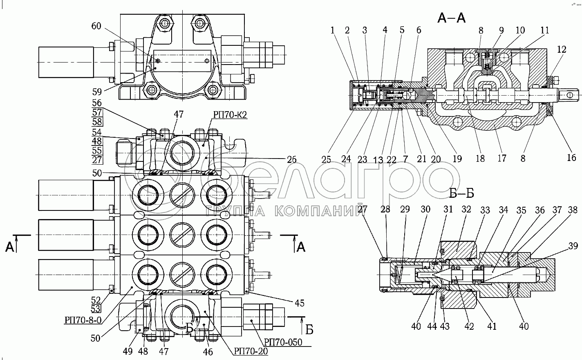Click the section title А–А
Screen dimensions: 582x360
[x=451, y=18]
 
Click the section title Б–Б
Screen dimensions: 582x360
[x=461, y=193]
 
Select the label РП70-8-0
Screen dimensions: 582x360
[x=83, y=320]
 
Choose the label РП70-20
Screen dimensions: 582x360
[x=251, y=351]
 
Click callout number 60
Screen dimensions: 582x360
[x=96, y=26]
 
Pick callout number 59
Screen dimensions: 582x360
[x=97, y=92]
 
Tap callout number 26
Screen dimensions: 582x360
[x=291, y=159]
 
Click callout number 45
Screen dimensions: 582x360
[x=300, y=303]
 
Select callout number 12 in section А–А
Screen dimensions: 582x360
[x=562, y=49]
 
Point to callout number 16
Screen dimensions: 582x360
[x=571, y=157]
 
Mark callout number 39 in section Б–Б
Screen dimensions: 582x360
[x=573, y=246]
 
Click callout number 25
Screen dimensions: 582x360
[x=326, y=159]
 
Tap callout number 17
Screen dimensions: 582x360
[x=502, y=158]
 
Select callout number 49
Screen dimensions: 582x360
[x=128, y=351]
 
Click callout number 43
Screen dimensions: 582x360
[x=445, y=326]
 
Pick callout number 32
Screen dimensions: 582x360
[x=466, y=209]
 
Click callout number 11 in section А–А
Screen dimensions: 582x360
[x=544, y=30]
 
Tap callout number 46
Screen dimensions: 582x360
[x=208, y=352]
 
